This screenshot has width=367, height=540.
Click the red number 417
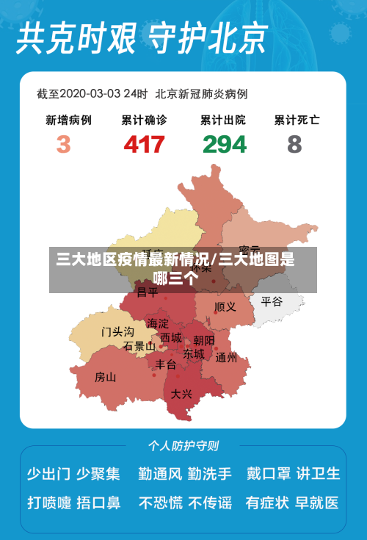tap(144, 143)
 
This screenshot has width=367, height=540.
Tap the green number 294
tap(225, 143)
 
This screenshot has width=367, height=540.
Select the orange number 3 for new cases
tap(63, 143)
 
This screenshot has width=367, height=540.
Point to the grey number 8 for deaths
tap(294, 143)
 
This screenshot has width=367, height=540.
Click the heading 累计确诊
tap(144, 119)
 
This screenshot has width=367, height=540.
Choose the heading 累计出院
tap(223, 119)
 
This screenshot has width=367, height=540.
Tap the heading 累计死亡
tap(297, 119)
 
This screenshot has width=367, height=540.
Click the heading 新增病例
tap(68, 119)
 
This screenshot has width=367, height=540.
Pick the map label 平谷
tap(272, 301)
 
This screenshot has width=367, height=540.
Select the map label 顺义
tap(225, 306)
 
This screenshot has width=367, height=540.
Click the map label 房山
tap(106, 378)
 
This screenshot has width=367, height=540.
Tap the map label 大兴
tap(181, 394)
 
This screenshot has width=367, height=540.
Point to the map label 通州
tap(226, 358)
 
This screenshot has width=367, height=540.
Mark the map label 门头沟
tap(117, 332)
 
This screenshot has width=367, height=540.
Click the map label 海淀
tap(157, 323)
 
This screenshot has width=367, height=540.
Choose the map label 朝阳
tap(204, 340)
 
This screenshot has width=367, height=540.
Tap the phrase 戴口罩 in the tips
tap(268, 474)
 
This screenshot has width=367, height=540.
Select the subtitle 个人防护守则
tap(183, 445)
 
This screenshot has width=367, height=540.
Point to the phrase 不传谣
tap(210, 503)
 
